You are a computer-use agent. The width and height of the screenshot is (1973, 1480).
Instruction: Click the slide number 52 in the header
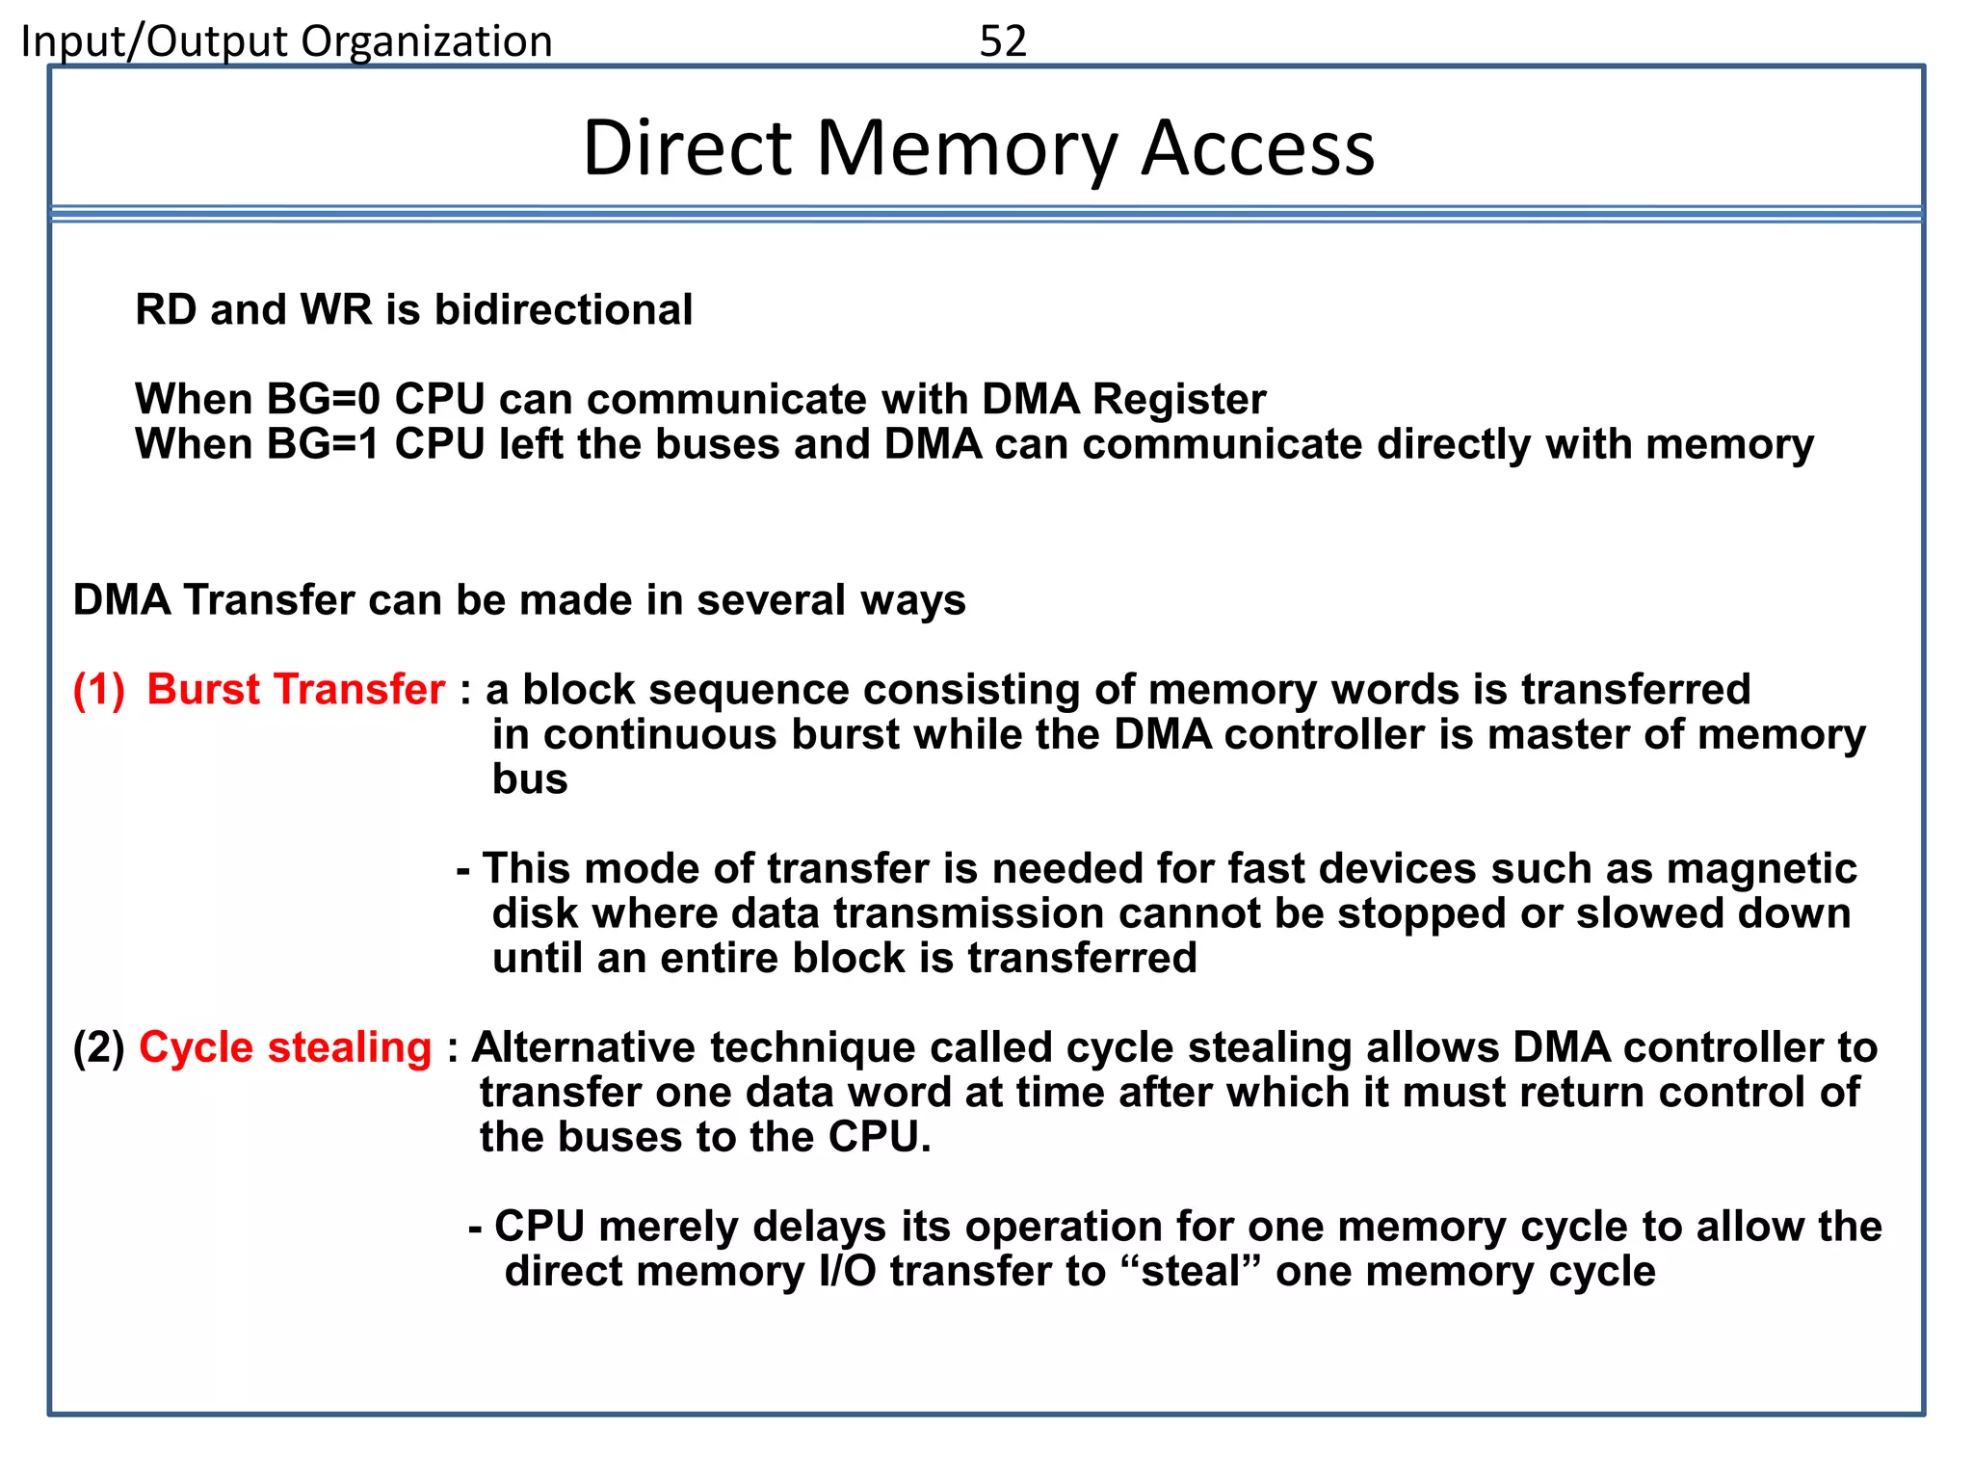tap(1003, 41)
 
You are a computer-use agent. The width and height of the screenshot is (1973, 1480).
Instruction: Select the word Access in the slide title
tap(1258, 148)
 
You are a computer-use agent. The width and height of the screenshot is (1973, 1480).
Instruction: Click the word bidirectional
tap(564, 310)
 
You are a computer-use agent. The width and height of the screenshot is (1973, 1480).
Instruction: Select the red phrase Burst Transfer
tap(296, 690)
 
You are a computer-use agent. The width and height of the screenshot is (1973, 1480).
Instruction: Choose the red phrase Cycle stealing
tap(285, 1047)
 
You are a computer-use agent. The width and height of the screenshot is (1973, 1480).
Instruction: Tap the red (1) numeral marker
tap(99, 690)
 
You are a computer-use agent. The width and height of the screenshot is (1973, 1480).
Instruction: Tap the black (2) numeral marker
tap(99, 1047)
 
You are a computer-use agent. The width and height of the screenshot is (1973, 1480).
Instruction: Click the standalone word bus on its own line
tap(530, 780)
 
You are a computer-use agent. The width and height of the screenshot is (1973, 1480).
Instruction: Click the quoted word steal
tap(1192, 1271)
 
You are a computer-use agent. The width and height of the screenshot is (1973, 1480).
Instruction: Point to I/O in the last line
tap(847, 1271)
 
